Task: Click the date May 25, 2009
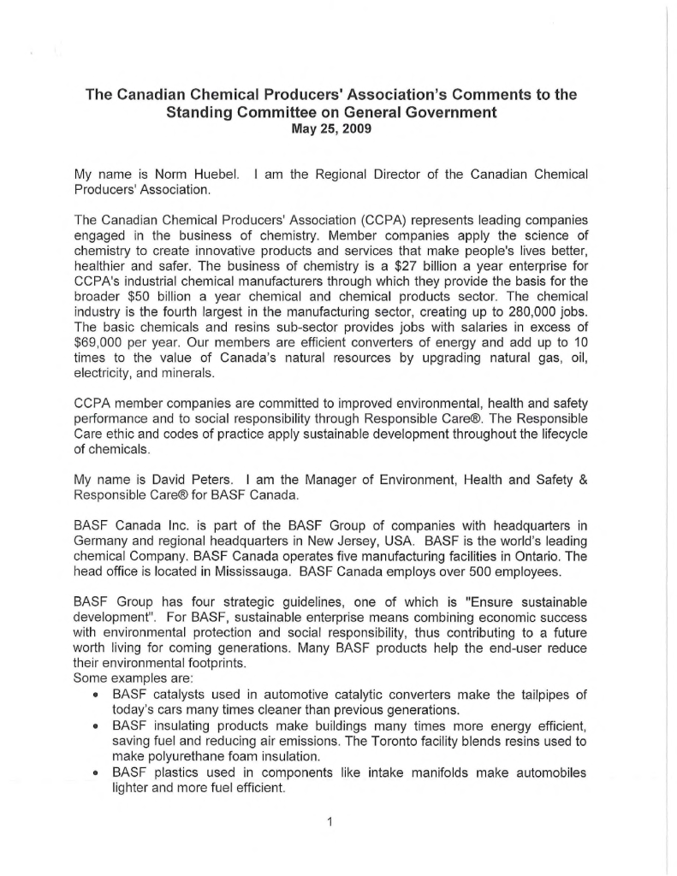tap(330, 129)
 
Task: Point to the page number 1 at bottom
tap(330, 824)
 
